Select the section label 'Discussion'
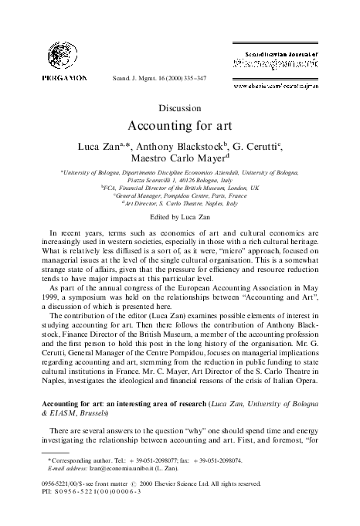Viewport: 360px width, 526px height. (x=178, y=109)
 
